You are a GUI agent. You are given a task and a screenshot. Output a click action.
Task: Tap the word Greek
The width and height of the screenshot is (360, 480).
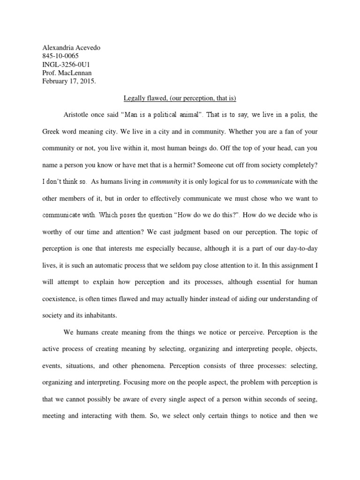[51, 132]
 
